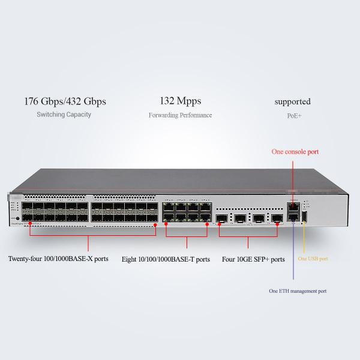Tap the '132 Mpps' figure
point(180,101)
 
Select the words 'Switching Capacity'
point(64,115)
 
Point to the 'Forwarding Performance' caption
point(180,115)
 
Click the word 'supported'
point(293,101)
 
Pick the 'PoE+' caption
point(293,115)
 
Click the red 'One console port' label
point(295,152)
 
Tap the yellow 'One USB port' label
point(313,259)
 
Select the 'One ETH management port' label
point(297,291)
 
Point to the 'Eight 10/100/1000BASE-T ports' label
point(166,260)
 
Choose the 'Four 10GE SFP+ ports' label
point(253,260)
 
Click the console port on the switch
point(293,206)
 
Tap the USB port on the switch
point(304,217)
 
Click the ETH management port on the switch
point(293,217)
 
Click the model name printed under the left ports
point(36,221)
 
